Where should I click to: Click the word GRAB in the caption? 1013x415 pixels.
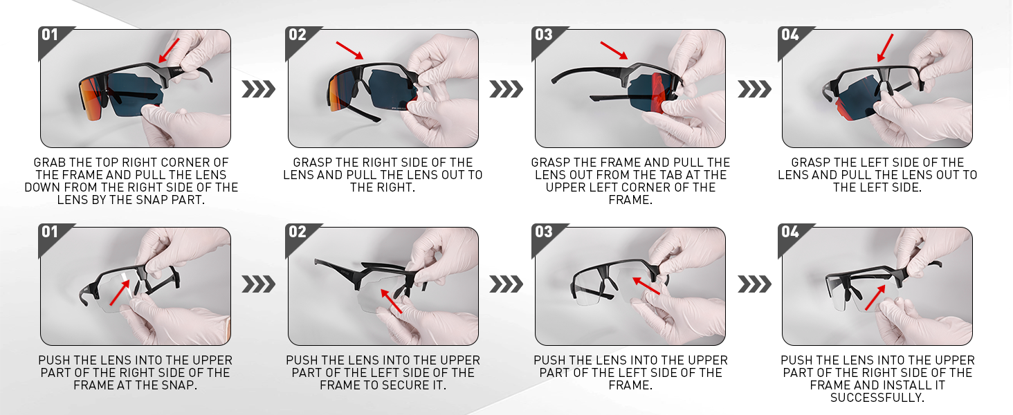(x=50, y=163)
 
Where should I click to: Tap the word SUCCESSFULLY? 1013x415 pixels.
(x=877, y=398)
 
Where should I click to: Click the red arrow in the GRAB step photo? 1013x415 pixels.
(x=169, y=50)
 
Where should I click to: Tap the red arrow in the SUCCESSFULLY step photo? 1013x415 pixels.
(x=875, y=298)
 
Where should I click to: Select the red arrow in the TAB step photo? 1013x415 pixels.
(x=614, y=50)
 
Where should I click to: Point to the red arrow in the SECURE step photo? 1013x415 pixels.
(x=392, y=301)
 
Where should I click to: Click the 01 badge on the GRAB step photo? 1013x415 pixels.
(x=50, y=35)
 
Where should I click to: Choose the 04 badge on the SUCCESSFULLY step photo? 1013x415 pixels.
(x=790, y=232)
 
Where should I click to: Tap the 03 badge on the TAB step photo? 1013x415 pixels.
(x=544, y=35)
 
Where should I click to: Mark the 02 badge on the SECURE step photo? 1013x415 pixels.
(x=297, y=232)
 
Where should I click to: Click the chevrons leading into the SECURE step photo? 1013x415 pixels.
(x=258, y=285)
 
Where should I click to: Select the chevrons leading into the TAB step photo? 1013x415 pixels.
(x=506, y=89)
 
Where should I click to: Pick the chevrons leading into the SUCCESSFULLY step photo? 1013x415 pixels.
(x=754, y=285)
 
